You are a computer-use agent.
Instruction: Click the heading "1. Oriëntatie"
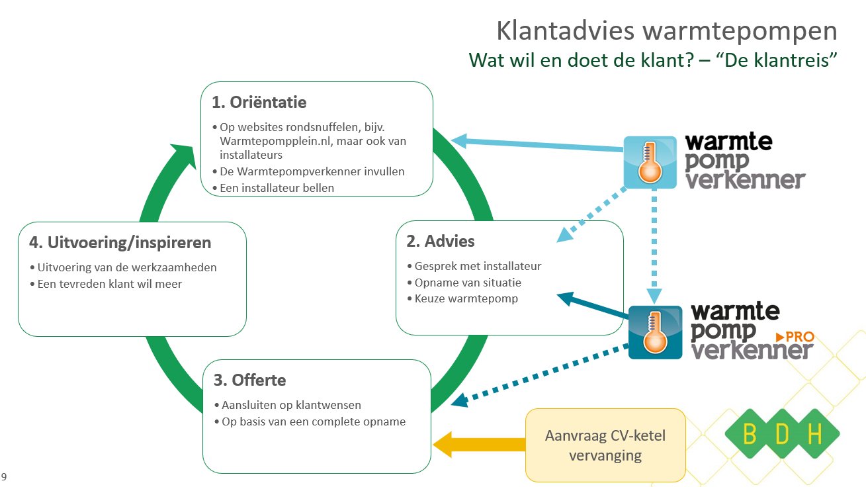pyautogui.click(x=259, y=103)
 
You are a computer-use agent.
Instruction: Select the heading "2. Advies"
pyautogui.click(x=441, y=241)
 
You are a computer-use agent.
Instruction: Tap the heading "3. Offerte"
pyautogui.click(x=250, y=380)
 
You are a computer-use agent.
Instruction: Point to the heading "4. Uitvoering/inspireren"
pyautogui.click(x=120, y=242)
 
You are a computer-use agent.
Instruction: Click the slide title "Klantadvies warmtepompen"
pyautogui.click(x=666, y=31)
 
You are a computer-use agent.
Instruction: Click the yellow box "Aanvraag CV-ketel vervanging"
pyautogui.click(x=605, y=445)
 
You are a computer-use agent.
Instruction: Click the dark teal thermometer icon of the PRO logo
pyautogui.click(x=655, y=332)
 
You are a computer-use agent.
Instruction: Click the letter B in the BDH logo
pyautogui.click(x=750, y=434)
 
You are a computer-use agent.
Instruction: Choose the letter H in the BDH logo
pyautogui.click(x=814, y=434)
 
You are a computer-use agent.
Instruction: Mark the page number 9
pyautogui.click(x=5, y=476)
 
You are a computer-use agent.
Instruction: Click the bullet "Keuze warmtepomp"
pyautogui.click(x=466, y=298)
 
